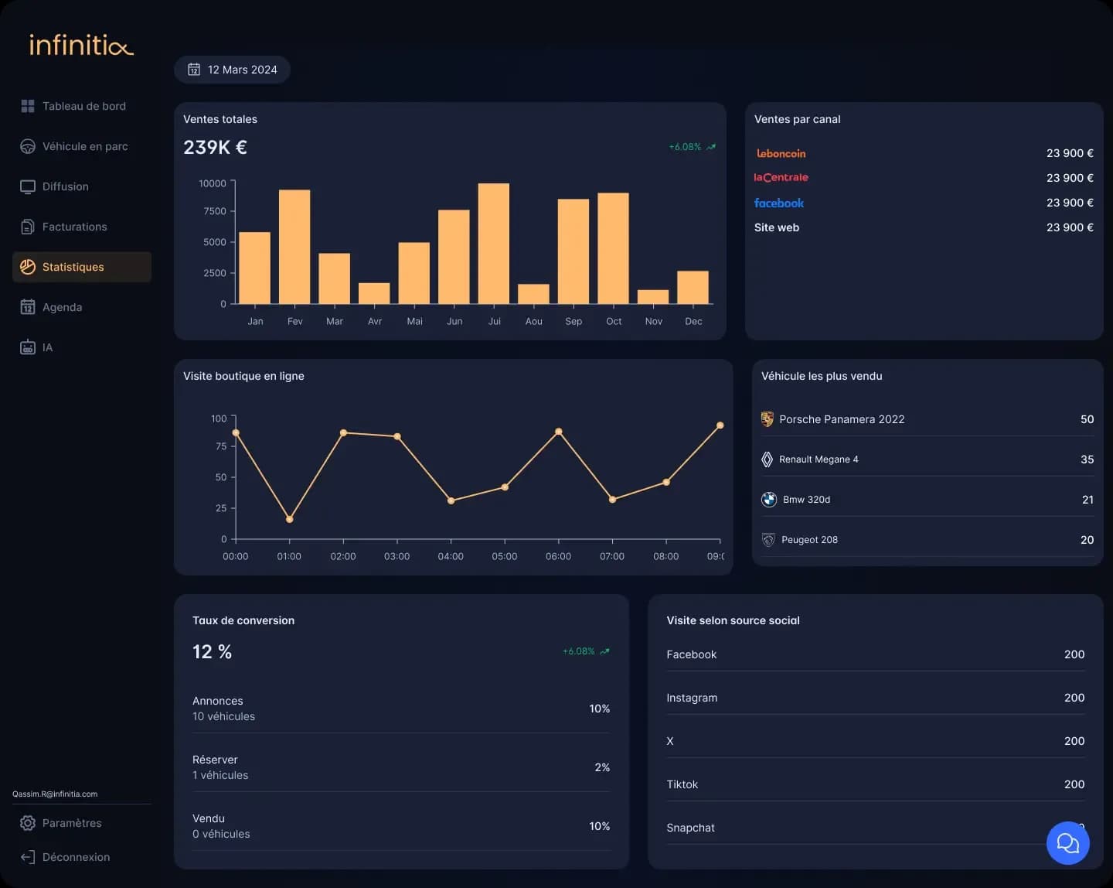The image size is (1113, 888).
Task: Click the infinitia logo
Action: tap(81, 45)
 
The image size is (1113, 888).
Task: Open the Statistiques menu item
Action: tap(73, 267)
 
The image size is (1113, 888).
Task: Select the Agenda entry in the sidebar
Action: tap(62, 307)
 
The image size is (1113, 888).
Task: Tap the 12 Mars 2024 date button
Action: tap(232, 70)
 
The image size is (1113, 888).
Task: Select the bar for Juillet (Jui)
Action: tap(493, 244)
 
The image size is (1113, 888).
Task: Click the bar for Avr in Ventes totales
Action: tap(374, 293)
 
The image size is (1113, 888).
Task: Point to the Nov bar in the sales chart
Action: tap(652, 297)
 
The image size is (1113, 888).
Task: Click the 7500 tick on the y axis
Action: tap(215, 211)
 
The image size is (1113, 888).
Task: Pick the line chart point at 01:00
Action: tap(290, 519)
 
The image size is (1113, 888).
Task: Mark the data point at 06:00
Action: tap(559, 432)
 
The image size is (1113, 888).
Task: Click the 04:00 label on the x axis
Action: tap(451, 556)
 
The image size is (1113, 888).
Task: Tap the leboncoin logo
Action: tap(781, 153)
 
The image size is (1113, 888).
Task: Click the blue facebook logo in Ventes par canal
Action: tap(779, 203)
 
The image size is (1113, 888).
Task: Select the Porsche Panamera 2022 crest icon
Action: tap(767, 419)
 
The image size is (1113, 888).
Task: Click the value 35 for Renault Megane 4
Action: tap(1087, 459)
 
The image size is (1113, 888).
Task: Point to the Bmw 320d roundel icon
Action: tap(768, 500)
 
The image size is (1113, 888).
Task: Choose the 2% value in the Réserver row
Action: tap(602, 767)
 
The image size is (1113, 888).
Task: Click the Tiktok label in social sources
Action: tap(682, 784)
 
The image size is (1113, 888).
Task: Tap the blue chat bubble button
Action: tap(1067, 843)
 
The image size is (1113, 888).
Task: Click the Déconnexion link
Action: tap(76, 857)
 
